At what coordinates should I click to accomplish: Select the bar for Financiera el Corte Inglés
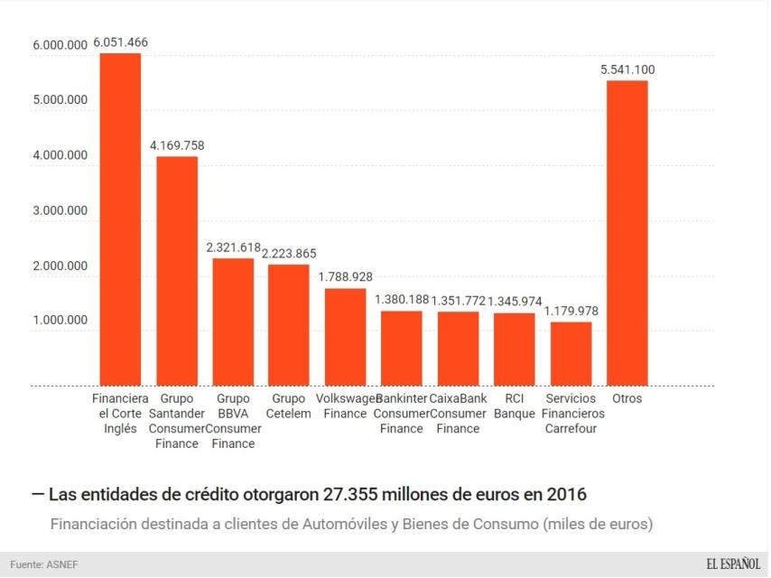tap(120, 219)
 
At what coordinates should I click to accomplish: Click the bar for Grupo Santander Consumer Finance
tap(177, 271)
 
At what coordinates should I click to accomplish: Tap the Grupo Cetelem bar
tap(289, 325)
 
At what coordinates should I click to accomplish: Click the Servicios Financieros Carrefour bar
tap(571, 354)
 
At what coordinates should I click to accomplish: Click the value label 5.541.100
tap(627, 70)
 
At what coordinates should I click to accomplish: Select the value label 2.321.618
tap(233, 247)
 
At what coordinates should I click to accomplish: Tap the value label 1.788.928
tap(345, 277)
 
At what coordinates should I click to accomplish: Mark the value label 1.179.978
tap(571, 311)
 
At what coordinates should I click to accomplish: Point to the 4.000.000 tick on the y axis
tap(60, 155)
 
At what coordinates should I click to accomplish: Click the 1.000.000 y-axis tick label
tap(60, 321)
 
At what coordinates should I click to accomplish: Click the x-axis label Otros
tap(627, 398)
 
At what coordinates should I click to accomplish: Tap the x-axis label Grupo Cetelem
tap(289, 406)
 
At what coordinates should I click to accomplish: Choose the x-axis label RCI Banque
tap(515, 406)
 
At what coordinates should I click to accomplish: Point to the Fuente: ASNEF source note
tap(45, 564)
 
